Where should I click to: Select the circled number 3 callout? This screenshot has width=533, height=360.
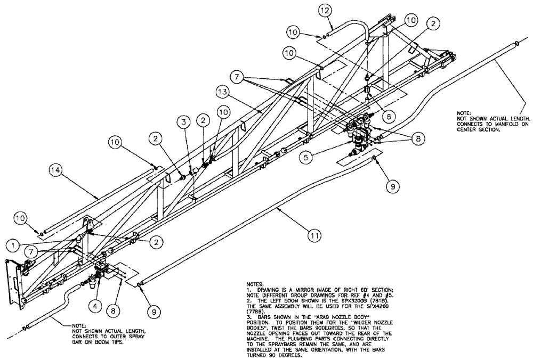tap(183, 123)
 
